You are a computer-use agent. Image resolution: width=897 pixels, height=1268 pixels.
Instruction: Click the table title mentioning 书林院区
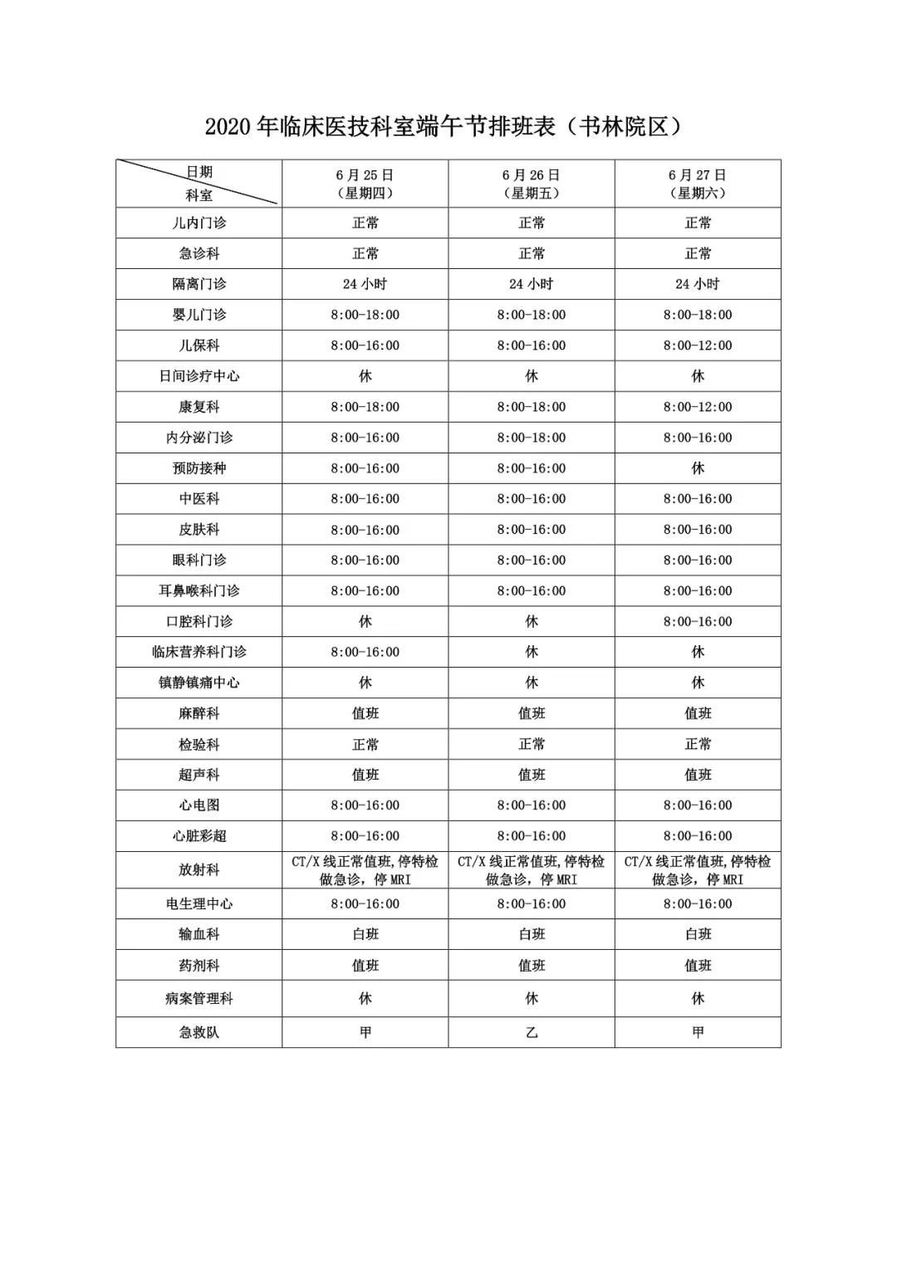pos(448,126)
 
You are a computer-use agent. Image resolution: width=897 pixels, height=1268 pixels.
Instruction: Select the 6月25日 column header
pos(365,184)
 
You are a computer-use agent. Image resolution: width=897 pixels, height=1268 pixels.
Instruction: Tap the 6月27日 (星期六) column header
pos(698,184)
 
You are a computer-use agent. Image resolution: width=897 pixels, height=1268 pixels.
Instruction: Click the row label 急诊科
pos(199,253)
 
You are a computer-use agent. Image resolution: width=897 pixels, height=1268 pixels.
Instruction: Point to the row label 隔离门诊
pos(199,284)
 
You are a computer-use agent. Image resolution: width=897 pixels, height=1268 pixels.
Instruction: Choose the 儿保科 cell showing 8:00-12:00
pos(698,345)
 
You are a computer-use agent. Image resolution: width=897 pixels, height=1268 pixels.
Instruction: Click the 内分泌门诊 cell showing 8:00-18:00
pos(532,438)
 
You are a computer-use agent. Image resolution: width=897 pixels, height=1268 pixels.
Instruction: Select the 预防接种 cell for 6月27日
pos(698,468)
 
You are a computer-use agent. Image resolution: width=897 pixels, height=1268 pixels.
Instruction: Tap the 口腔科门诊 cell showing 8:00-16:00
pos(698,621)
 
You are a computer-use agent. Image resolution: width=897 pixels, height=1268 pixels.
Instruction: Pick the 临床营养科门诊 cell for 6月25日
pos(365,652)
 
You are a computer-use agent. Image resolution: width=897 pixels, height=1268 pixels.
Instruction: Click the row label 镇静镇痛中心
pos(199,683)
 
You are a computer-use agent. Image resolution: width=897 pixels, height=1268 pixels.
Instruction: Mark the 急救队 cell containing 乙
pos(532,1032)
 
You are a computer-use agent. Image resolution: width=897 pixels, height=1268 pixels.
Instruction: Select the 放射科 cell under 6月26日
pos(532,870)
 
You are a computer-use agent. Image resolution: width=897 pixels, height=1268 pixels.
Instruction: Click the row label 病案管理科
pos(199,998)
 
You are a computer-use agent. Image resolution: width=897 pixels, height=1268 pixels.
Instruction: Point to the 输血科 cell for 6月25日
pos(365,934)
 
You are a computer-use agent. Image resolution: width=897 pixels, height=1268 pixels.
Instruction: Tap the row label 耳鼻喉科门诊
pos(199,590)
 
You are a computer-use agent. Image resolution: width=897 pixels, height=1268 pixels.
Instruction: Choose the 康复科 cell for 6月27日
pos(698,407)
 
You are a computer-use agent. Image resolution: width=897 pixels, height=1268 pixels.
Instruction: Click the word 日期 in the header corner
pos(199,172)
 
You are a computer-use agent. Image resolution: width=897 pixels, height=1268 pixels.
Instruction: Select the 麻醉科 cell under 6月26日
pos(532,713)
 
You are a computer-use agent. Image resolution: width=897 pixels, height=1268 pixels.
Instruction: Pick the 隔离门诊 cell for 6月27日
pos(698,284)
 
